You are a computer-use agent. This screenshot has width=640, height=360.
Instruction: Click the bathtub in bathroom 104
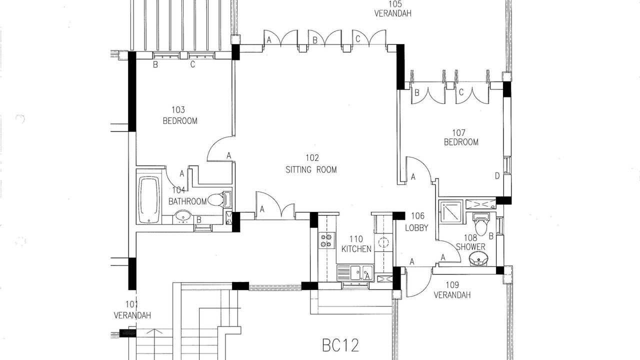149,199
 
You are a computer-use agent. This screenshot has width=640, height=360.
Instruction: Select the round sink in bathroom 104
183,217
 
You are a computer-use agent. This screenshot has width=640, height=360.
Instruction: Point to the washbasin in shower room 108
479,259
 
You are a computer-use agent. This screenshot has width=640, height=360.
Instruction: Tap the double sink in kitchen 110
355,273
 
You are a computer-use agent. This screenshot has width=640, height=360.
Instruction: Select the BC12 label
340,345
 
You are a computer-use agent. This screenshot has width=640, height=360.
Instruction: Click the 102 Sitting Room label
311,164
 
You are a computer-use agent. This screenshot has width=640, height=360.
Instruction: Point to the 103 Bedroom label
180,115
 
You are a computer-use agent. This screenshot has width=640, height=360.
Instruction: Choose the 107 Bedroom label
461,137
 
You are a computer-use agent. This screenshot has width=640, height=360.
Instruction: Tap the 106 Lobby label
417,221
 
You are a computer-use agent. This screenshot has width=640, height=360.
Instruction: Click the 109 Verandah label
452,290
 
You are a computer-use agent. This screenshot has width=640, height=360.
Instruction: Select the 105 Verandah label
393,9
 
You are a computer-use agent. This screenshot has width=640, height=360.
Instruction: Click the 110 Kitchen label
356,244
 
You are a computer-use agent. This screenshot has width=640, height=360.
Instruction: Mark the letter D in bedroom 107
497,176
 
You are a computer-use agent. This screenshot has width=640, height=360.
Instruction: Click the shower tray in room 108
451,212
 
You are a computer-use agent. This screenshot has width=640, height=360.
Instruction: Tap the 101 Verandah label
132,309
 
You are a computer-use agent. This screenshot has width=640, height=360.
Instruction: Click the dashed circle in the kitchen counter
383,242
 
